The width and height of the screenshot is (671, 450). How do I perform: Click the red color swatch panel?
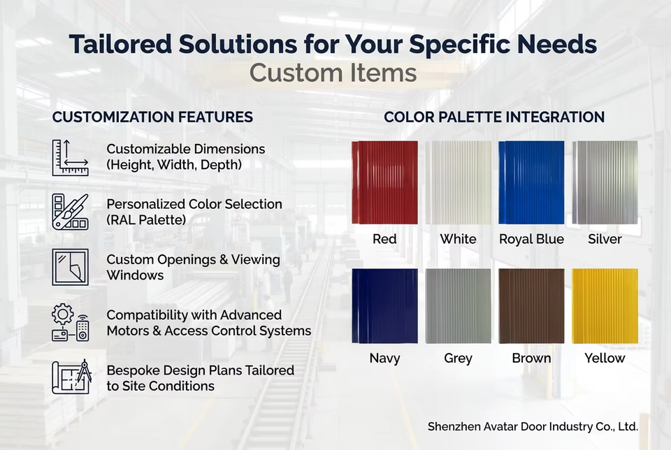[384, 182]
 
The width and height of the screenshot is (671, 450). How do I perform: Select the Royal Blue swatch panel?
[531, 182]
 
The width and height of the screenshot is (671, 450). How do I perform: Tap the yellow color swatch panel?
[605, 306]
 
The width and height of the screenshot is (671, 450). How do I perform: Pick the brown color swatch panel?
[531, 306]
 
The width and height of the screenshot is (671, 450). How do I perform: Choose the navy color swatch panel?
[384, 306]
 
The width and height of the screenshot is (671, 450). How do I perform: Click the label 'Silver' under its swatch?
[605, 239]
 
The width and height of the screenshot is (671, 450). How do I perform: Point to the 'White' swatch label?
[458, 239]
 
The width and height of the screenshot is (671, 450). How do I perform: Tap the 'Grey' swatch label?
[458, 358]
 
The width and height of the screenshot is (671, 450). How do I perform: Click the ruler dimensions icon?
[70, 157]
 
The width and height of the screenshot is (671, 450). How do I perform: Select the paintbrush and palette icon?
[70, 212]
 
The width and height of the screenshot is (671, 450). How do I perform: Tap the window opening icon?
[70, 267]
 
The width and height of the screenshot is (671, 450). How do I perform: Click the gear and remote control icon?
[70, 322]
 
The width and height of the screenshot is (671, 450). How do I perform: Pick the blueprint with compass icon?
[71, 377]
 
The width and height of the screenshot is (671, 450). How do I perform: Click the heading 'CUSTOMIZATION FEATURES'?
[152, 117]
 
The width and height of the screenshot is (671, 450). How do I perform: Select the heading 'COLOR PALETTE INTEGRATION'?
[494, 117]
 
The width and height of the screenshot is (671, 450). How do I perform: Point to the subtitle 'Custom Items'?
[333, 73]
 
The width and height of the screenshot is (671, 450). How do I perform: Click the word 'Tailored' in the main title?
[121, 44]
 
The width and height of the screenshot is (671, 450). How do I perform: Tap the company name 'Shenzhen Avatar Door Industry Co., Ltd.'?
[533, 426]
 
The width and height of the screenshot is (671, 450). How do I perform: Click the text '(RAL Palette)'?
[146, 220]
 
